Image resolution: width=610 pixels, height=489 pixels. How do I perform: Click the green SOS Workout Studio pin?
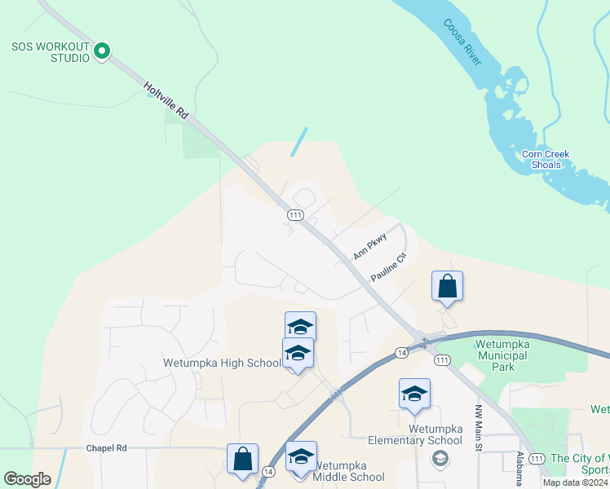[102, 52]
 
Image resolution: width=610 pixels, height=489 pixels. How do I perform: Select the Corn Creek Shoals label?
[546, 159]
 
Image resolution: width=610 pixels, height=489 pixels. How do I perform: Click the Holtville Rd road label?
[166, 100]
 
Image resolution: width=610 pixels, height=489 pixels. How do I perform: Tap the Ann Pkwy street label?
[369, 248]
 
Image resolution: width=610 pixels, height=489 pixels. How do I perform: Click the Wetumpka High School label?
[222, 363]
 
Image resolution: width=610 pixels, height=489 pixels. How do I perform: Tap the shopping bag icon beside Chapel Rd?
[243, 458]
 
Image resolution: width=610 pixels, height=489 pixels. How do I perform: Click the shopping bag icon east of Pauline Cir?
[447, 286]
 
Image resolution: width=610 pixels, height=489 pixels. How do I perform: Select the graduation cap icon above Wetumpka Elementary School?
[414, 394]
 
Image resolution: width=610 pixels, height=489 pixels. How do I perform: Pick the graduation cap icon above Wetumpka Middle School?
[301, 456]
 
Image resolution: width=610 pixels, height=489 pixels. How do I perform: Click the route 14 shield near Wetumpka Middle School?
[267, 471]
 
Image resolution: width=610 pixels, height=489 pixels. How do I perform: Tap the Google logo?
[27, 479]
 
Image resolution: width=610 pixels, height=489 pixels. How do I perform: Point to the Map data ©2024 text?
[575, 482]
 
